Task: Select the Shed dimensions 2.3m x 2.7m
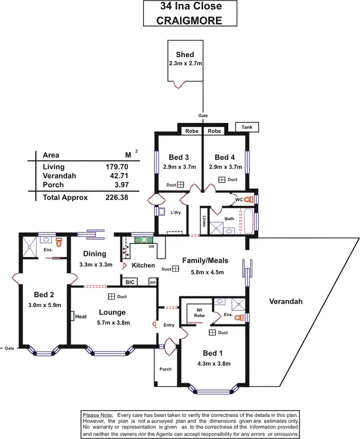(185, 62)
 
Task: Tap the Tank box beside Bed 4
(247, 127)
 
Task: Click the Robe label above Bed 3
(192, 131)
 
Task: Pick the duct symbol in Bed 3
(180, 184)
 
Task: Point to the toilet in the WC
(248, 199)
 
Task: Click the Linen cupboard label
(204, 221)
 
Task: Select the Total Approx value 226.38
(117, 197)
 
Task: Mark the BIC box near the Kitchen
(130, 282)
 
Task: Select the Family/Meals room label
(205, 261)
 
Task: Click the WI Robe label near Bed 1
(200, 313)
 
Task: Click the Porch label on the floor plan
(165, 369)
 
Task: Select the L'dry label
(175, 212)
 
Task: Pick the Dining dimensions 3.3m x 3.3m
(96, 264)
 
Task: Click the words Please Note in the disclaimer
(97, 414)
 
